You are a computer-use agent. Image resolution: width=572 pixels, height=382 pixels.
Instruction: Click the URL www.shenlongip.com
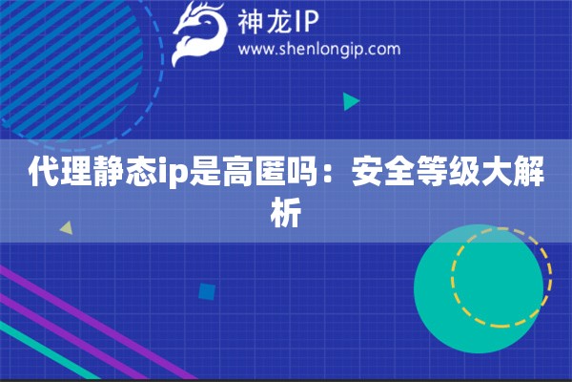coord(318,49)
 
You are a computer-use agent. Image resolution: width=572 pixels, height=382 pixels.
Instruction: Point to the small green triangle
coord(351,100)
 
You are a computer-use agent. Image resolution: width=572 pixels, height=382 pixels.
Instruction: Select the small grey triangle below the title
coord(66,229)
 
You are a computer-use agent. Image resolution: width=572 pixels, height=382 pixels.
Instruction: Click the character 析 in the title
coord(286,213)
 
